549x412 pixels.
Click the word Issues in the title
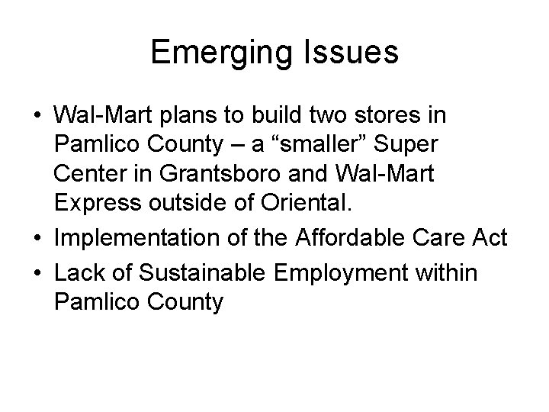(x=354, y=53)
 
